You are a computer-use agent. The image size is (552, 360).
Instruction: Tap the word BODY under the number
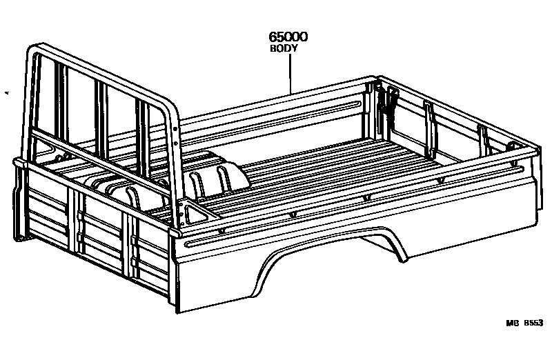coord(283,49)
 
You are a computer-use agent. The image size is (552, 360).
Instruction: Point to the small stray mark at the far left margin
coord(6,93)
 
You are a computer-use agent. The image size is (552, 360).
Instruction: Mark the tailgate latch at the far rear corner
coord(383,100)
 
